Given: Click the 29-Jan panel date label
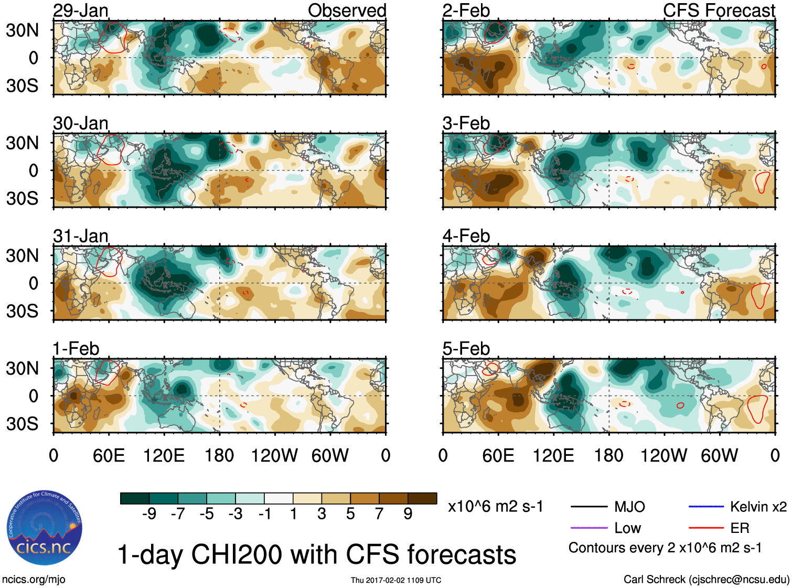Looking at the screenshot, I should (81, 10).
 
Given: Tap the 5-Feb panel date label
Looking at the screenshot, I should (466, 349).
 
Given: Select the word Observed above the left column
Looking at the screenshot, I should (347, 10).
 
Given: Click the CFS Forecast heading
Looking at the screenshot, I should (719, 10).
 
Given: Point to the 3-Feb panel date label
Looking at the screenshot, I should (466, 123).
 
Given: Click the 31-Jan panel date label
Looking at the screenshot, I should (81, 236).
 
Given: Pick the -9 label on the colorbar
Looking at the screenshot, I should (149, 514).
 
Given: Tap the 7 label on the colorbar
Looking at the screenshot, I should (379, 514).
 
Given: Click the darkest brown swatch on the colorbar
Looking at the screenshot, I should (422, 498).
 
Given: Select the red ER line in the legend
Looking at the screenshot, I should (706, 528).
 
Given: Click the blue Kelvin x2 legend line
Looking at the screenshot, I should (706, 507).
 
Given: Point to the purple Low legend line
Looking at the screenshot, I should (588, 528).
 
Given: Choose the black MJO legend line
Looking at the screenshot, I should (588, 507).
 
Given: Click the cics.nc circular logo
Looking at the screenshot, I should (45, 528).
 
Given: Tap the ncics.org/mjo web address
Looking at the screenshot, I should (34, 580).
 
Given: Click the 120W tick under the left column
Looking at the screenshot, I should (274, 455).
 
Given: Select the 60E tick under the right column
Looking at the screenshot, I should (498, 455).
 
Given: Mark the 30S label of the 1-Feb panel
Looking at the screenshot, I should (23, 424).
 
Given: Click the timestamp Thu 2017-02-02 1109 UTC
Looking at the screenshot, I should (396, 580).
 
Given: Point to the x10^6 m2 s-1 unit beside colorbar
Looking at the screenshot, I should (495, 507).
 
